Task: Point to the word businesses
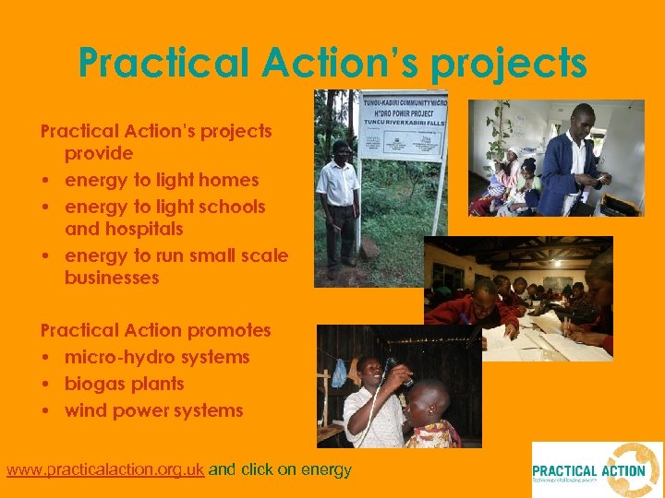[x=112, y=278]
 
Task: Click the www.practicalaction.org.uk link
[x=105, y=469]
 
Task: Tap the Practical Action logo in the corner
[x=596, y=469]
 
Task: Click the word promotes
[x=229, y=330]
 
